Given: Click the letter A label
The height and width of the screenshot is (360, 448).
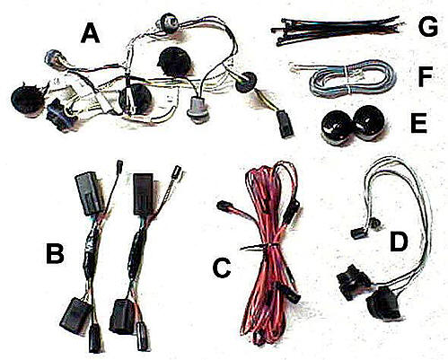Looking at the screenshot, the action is pyautogui.click(x=91, y=33).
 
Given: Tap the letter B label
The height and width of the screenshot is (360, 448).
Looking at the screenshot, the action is pyautogui.click(x=55, y=253).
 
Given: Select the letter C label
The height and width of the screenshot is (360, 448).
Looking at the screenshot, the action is pyautogui.click(x=222, y=268).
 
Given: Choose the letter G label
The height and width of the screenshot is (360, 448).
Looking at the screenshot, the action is pyautogui.click(x=428, y=27).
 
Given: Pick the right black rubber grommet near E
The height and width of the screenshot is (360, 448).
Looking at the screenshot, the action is pyautogui.click(x=369, y=123).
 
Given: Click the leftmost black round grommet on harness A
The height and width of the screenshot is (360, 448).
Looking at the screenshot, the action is pyautogui.click(x=27, y=98).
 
